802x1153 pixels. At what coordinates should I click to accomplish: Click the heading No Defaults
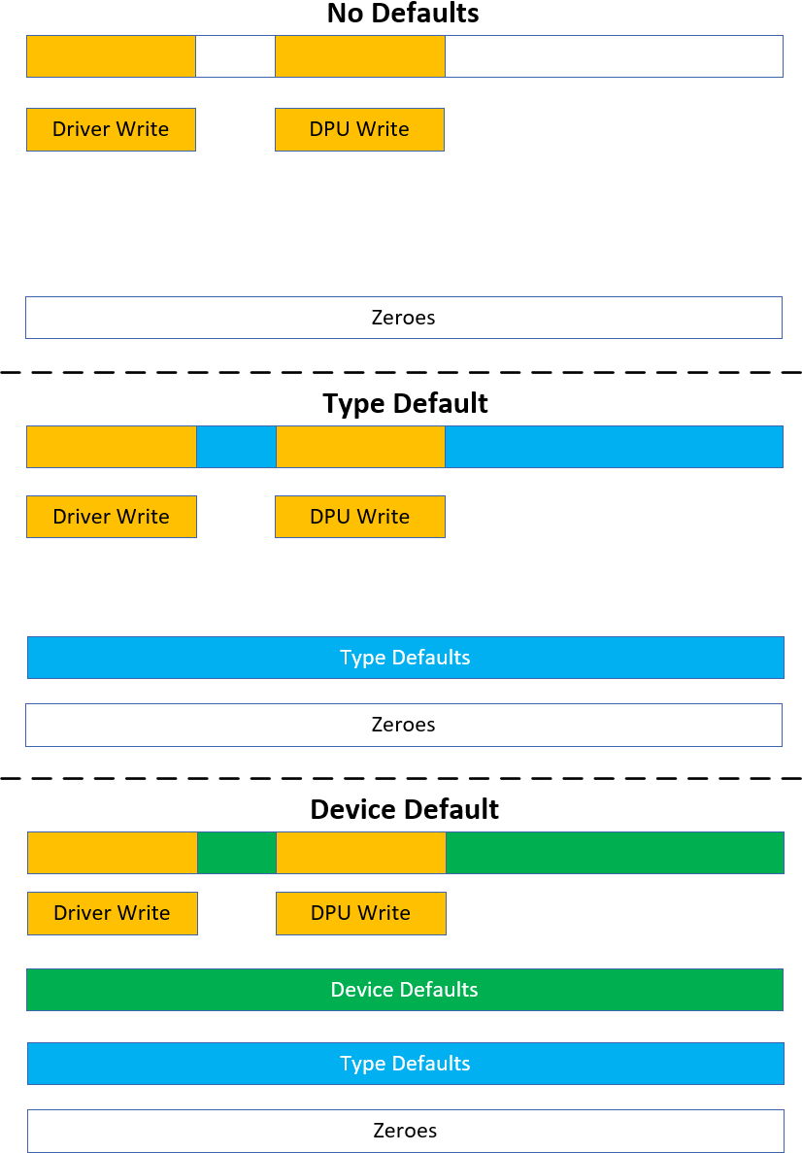pos(402,14)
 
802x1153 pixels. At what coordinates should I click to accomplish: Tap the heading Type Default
pos(405,403)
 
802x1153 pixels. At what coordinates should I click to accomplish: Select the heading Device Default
pos(404,809)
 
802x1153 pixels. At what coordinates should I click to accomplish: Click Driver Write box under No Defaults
pos(111,129)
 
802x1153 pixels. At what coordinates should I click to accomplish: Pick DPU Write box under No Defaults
pos(359,129)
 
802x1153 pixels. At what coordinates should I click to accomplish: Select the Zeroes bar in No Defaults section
pos(403,318)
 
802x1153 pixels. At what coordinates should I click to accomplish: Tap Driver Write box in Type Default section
pos(111,517)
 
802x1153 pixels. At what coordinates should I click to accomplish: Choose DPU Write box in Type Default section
pos(359,517)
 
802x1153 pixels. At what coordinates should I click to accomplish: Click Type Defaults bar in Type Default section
pos(405,658)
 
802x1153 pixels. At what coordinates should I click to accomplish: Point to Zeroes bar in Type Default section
pos(403,725)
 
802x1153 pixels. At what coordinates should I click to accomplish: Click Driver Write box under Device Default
pos(112,913)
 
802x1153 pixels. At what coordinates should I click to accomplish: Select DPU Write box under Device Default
pos(360,913)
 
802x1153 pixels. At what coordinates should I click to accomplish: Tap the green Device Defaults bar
pos(404,990)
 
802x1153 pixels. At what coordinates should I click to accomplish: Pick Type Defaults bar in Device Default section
pos(405,1064)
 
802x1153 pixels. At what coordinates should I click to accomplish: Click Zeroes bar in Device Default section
pos(405,1131)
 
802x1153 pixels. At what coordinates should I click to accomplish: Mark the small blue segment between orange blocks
pos(236,447)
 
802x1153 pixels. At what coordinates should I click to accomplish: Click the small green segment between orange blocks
pos(237,853)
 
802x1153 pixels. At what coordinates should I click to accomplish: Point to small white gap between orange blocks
pos(235,56)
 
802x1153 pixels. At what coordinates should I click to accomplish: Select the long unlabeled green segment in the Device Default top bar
pos(614,853)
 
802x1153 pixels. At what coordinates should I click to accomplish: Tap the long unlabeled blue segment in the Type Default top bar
pos(614,447)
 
